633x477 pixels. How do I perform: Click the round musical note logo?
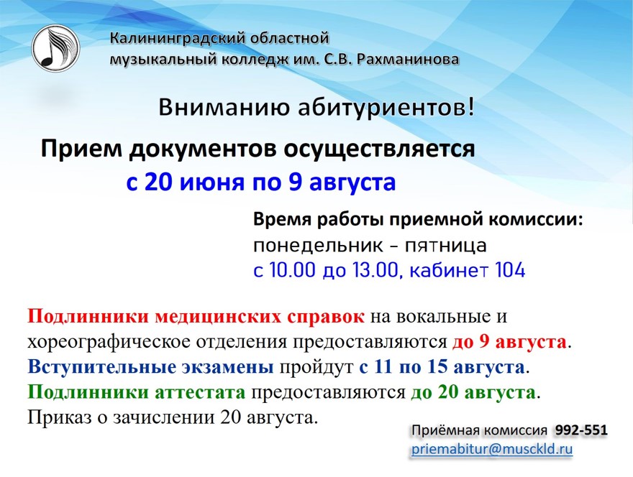(55, 47)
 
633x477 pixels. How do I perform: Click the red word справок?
(325, 317)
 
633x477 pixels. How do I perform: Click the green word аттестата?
(200, 392)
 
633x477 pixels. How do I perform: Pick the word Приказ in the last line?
(55, 417)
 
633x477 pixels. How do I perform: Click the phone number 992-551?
(581, 430)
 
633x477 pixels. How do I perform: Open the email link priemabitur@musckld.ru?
(492, 449)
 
